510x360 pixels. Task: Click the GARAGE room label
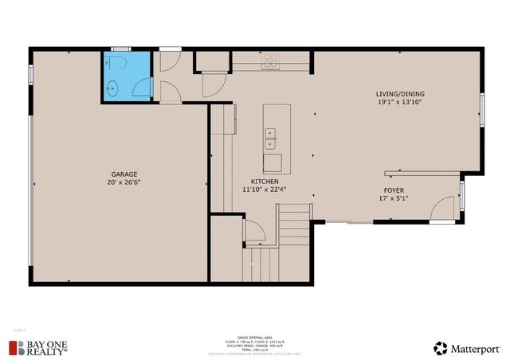pos(124,174)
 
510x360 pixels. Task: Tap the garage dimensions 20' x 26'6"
pos(124,182)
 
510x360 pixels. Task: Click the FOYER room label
pos(394,191)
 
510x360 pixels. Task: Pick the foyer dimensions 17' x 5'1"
pos(394,199)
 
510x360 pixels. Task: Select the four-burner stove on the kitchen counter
pos(271,61)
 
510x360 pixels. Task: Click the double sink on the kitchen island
pos(271,139)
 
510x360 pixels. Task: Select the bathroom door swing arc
pos(169,88)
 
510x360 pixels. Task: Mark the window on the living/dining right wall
pos(481,110)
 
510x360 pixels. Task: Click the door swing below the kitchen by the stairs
pos(255,233)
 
